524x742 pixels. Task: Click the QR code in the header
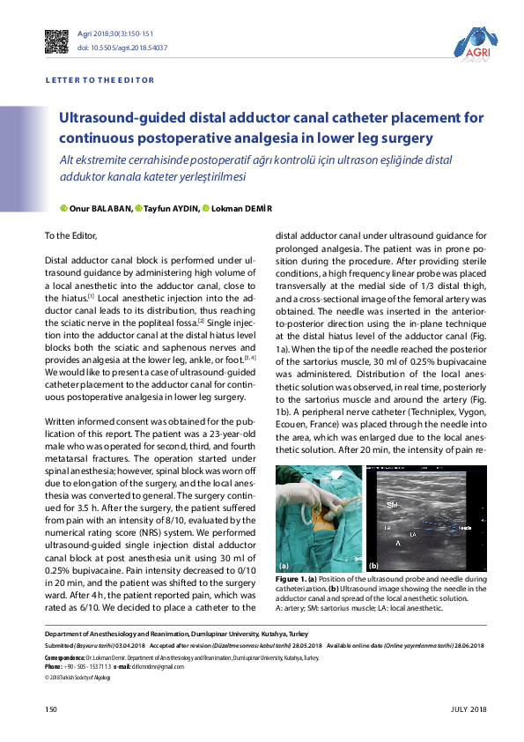(56, 40)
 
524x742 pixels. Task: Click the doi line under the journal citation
(122, 48)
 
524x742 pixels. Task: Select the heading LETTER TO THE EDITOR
(99, 80)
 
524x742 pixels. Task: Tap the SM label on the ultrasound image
(393, 505)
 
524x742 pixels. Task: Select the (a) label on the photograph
(284, 565)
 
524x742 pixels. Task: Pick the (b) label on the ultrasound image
(373, 565)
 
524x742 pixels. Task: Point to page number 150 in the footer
(51, 709)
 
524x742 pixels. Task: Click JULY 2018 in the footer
(467, 709)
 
